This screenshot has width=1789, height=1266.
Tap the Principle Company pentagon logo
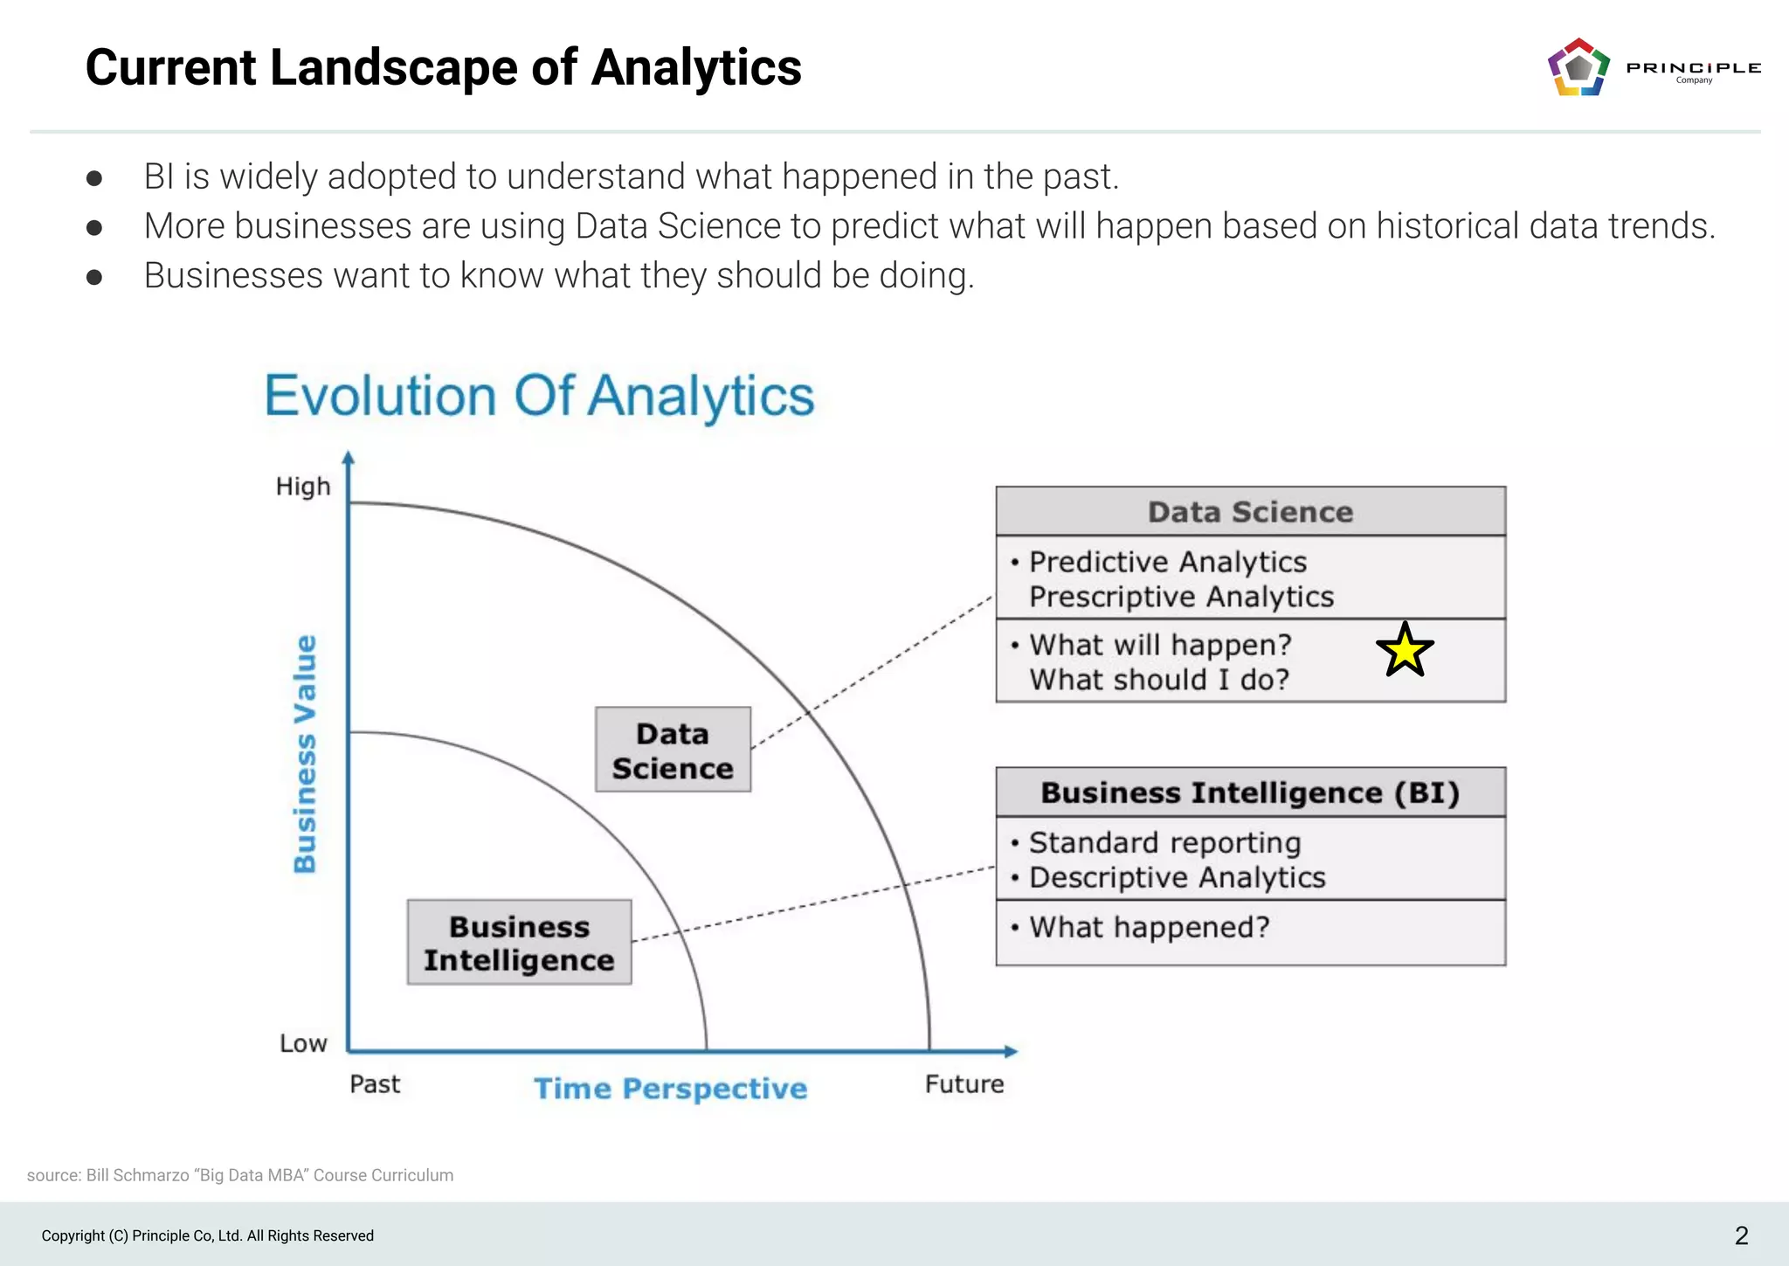(1578, 67)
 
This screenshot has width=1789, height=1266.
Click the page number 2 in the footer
(1741, 1235)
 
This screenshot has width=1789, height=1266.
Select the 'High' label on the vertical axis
(303, 487)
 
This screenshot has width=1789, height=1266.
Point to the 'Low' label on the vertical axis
(303, 1043)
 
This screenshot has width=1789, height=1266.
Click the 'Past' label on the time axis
(375, 1084)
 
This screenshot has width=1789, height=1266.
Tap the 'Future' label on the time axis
(964, 1084)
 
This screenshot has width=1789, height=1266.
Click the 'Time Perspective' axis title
(671, 1089)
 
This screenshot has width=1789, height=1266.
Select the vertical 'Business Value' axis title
(305, 753)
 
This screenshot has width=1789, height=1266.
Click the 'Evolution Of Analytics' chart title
(539, 396)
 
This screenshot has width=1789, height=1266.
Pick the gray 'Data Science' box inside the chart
(673, 750)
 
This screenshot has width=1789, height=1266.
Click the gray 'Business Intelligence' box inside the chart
(519, 943)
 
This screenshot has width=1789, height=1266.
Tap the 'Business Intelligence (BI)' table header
(1250, 792)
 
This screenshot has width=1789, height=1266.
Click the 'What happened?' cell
(1150, 927)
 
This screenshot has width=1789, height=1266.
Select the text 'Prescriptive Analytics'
(1181, 597)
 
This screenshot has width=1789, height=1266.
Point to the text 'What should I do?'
(1159, 680)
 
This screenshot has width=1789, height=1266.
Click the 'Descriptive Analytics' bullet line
(1177, 877)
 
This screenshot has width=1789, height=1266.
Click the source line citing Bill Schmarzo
(240, 1175)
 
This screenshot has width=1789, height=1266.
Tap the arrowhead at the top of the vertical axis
(348, 458)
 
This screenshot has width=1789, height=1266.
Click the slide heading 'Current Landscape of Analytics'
(443, 67)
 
